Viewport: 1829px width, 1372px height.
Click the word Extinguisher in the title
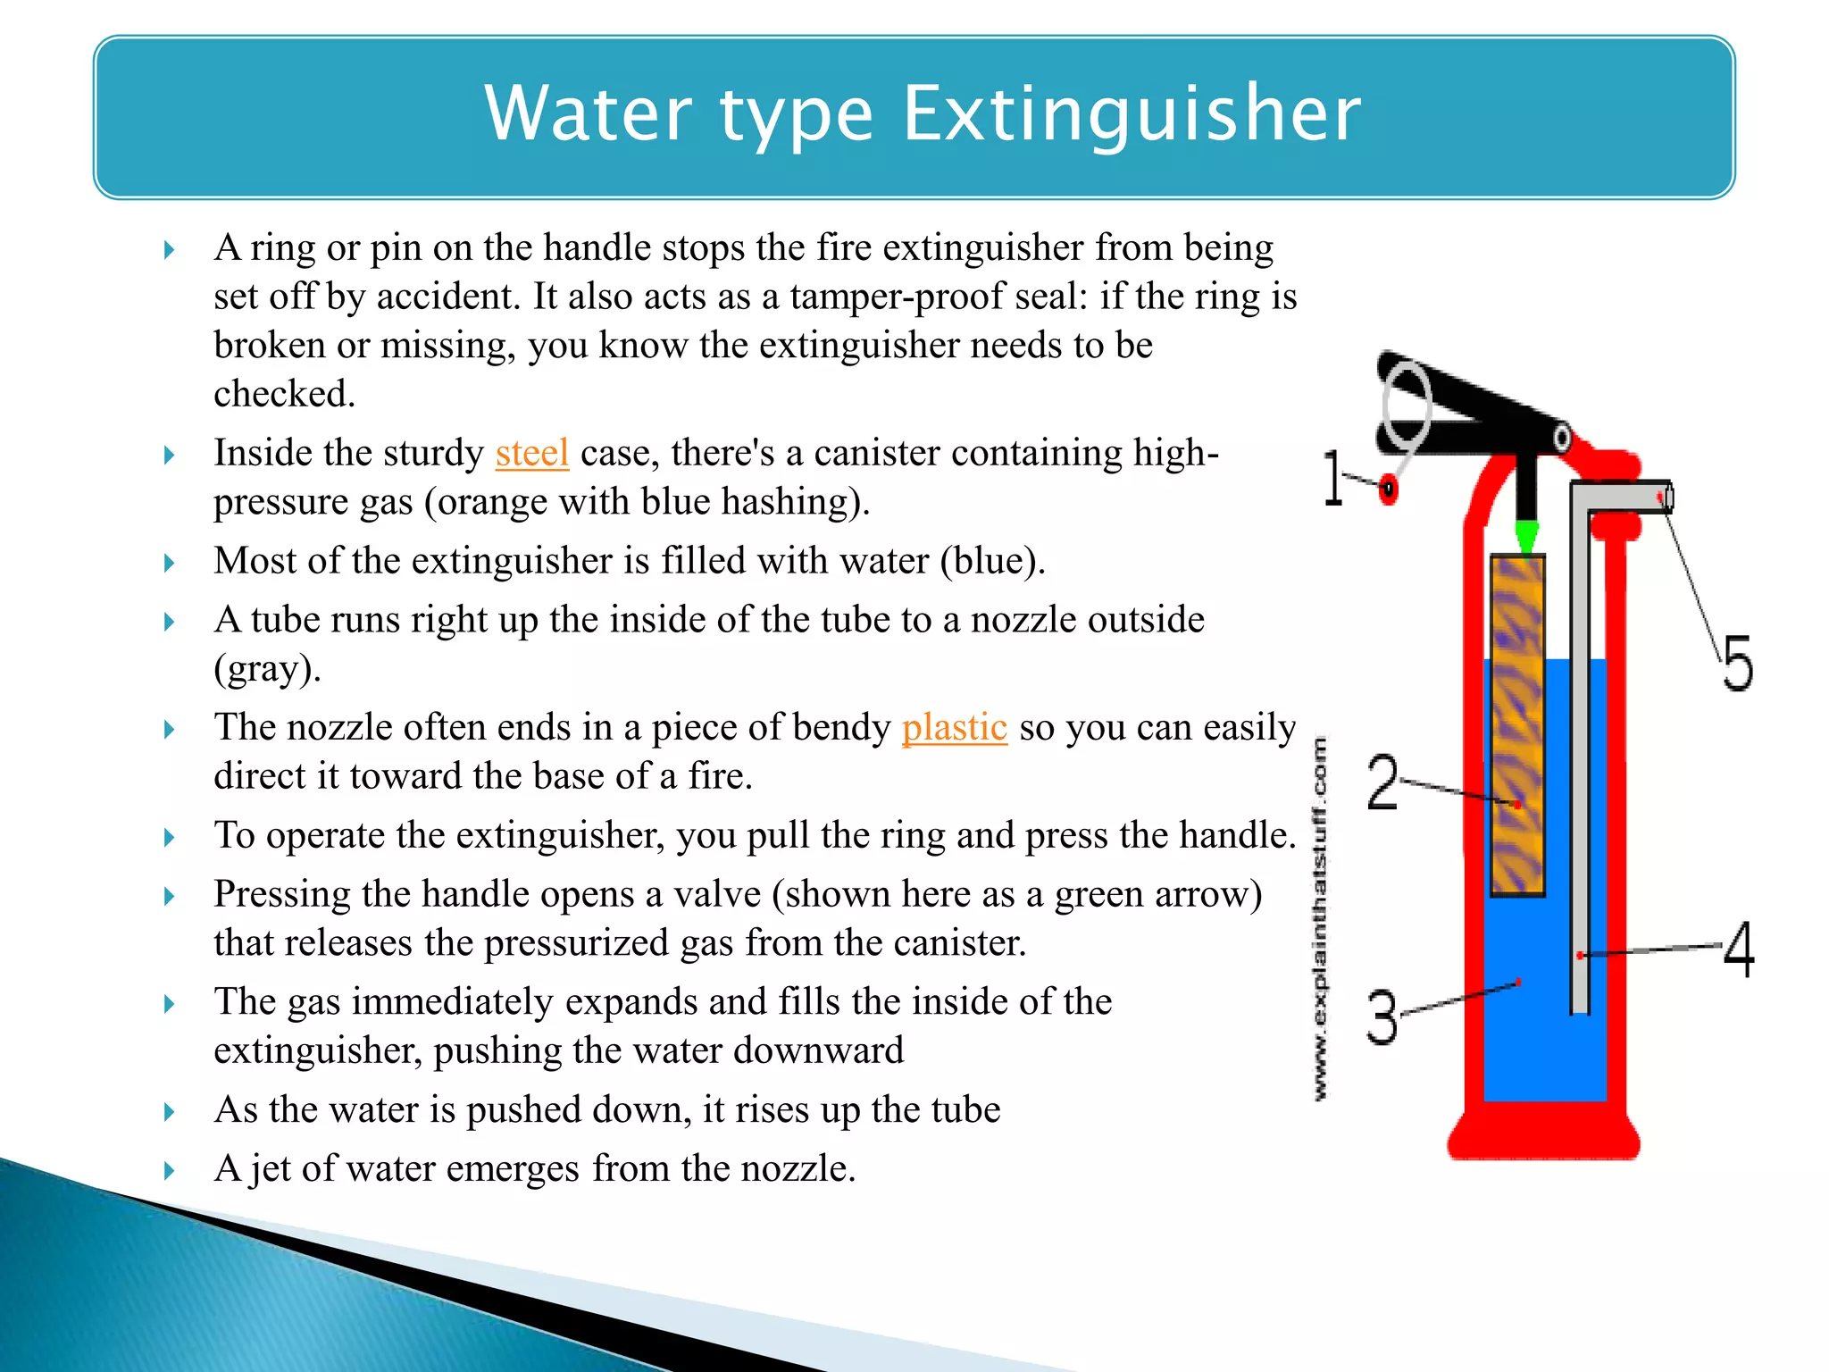[1132, 113]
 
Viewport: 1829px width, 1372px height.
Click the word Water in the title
[588, 113]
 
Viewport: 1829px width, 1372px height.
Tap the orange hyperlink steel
[532, 453]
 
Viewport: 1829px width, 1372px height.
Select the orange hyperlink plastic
[954, 727]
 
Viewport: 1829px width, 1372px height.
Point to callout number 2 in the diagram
[1382, 782]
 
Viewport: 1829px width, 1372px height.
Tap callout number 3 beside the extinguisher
[1382, 1017]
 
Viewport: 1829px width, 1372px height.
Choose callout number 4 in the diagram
[1737, 949]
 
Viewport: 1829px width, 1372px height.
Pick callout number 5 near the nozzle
[1737, 663]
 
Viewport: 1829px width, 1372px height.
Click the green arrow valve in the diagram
[1526, 536]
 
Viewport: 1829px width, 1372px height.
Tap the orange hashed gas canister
[1517, 724]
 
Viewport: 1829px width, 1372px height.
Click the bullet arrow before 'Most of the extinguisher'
[170, 563]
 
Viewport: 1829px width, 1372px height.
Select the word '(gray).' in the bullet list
[267, 668]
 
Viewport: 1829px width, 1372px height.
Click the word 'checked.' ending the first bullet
[284, 394]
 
